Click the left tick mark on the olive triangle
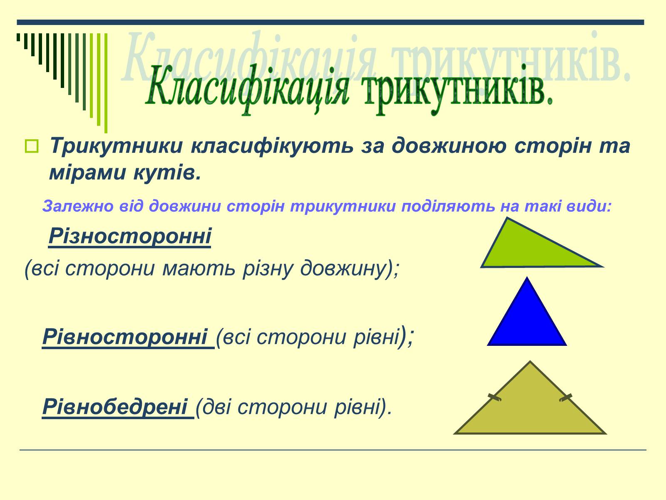pyautogui.click(x=495, y=397)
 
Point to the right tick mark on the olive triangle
pyautogui.click(x=566, y=397)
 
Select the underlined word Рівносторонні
pyautogui.click(x=125, y=337)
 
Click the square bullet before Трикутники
pyautogui.click(x=32, y=146)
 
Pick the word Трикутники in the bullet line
pyautogui.click(x=117, y=146)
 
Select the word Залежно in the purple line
pyautogui.click(x=78, y=206)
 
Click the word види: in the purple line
pyautogui.click(x=589, y=206)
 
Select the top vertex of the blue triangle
pyautogui.click(x=527, y=277)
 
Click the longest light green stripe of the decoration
pyautogui.click(x=106, y=83)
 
